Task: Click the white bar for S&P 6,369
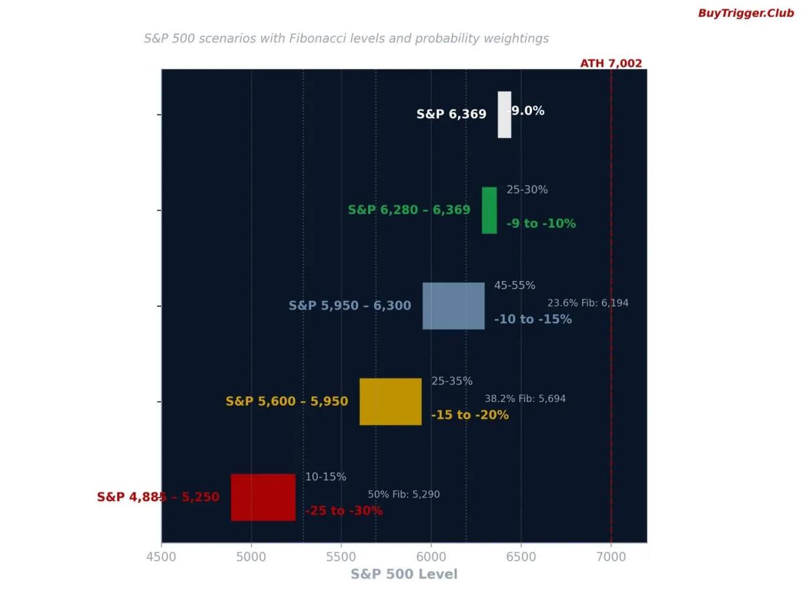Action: click(504, 114)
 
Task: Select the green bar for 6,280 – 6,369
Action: click(489, 210)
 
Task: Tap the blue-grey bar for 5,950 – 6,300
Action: click(453, 306)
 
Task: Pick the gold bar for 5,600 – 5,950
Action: click(390, 401)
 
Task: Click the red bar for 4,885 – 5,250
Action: click(263, 497)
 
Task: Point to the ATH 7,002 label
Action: click(610, 64)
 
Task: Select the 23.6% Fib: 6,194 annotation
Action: click(588, 303)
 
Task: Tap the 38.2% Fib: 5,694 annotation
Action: click(525, 399)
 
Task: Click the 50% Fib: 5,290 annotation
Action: click(404, 494)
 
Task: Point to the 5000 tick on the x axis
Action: click(251, 557)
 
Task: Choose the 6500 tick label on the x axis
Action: click(521, 557)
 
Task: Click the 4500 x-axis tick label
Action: click(161, 557)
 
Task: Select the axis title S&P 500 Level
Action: click(404, 575)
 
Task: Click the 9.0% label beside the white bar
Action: click(528, 111)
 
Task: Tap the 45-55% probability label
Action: click(515, 286)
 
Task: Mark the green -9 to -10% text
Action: click(541, 223)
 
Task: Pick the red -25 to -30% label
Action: click(344, 511)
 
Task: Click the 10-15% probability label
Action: click(325, 477)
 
